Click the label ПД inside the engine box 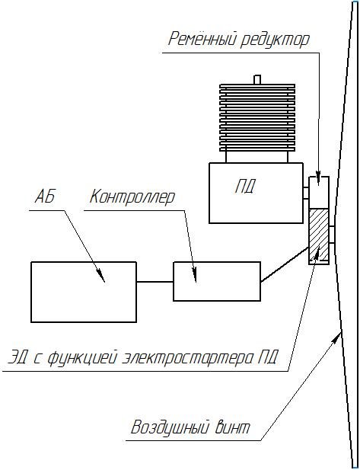245,187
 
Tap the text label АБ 45,197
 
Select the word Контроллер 132,197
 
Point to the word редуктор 275,40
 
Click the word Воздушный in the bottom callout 170,427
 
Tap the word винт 232,427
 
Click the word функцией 81,359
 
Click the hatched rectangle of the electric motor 319,234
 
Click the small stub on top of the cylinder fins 257,79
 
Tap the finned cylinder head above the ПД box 257,117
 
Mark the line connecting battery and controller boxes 155,282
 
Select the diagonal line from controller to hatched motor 285,264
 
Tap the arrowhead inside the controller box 194,274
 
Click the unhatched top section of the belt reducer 319,192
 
